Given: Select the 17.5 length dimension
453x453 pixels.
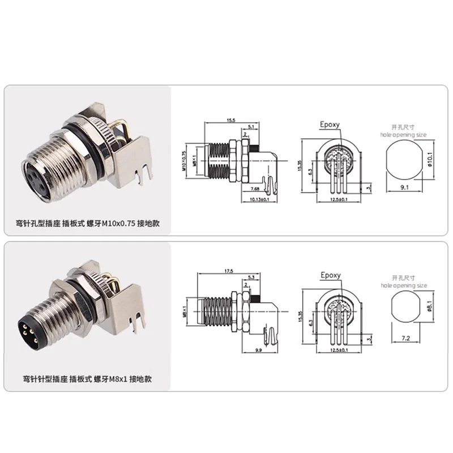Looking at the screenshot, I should point(229,271).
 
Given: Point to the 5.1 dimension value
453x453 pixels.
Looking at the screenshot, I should point(250,127).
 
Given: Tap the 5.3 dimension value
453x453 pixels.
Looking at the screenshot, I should point(250,277).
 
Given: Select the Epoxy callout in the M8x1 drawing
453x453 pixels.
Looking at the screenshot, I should point(331,275).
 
